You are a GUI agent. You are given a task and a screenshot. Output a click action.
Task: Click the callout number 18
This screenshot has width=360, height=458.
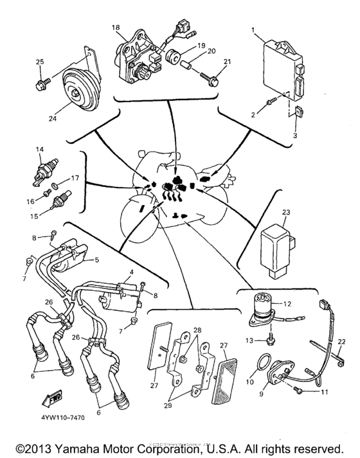[116, 28]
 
